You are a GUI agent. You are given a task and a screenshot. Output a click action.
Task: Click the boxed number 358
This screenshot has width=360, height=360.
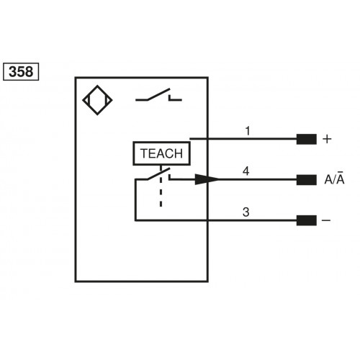(x=21, y=71)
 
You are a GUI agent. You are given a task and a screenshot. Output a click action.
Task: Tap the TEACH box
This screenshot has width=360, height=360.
(x=161, y=153)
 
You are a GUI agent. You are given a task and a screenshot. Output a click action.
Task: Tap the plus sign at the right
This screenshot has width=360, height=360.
(x=328, y=139)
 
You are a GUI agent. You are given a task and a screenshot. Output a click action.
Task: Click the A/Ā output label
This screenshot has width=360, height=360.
(x=333, y=179)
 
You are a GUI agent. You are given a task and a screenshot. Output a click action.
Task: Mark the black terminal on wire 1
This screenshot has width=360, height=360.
(x=306, y=139)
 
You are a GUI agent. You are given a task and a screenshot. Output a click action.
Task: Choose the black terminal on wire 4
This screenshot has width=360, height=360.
(x=306, y=179)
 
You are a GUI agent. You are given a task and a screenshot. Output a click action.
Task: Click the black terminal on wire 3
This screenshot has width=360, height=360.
(x=306, y=220)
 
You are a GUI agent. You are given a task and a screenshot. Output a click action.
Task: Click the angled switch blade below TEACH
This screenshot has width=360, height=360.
(x=153, y=175)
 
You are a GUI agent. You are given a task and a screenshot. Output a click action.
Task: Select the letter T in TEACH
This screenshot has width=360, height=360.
(x=143, y=153)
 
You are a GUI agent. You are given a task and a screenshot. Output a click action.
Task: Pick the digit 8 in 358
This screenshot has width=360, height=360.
(x=30, y=71)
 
